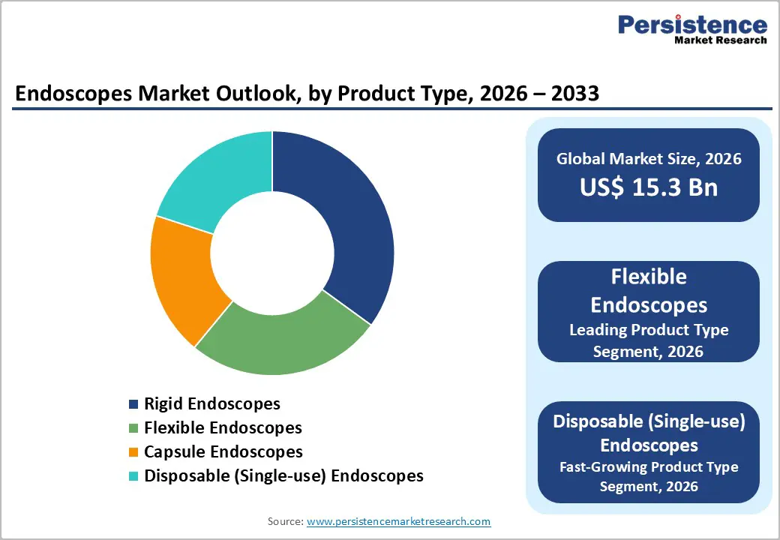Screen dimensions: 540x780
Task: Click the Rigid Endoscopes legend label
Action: pyautogui.click(x=211, y=403)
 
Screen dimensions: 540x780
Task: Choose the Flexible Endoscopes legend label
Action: pyautogui.click(x=223, y=427)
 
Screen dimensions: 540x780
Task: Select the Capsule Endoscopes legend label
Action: pyautogui.click(x=223, y=451)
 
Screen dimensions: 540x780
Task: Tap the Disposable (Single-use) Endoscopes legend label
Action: pyautogui.click(x=283, y=475)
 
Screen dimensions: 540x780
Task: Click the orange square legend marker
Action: pyautogui.click(x=133, y=452)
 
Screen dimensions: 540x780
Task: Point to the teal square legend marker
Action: pyautogui.click(x=133, y=476)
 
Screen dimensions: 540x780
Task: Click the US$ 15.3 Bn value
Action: pyautogui.click(x=649, y=187)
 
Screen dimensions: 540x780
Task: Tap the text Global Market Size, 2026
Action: pyautogui.click(x=649, y=158)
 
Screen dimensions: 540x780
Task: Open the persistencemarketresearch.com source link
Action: pyautogui.click(x=398, y=521)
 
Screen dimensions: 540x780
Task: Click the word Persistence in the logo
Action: pyautogui.click(x=691, y=25)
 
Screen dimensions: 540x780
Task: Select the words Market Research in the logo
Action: pyautogui.click(x=720, y=40)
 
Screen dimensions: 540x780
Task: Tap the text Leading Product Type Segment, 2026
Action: pyautogui.click(x=649, y=340)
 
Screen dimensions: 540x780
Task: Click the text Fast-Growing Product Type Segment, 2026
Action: pyautogui.click(x=649, y=476)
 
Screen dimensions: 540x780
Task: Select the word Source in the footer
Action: pyautogui.click(x=283, y=521)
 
